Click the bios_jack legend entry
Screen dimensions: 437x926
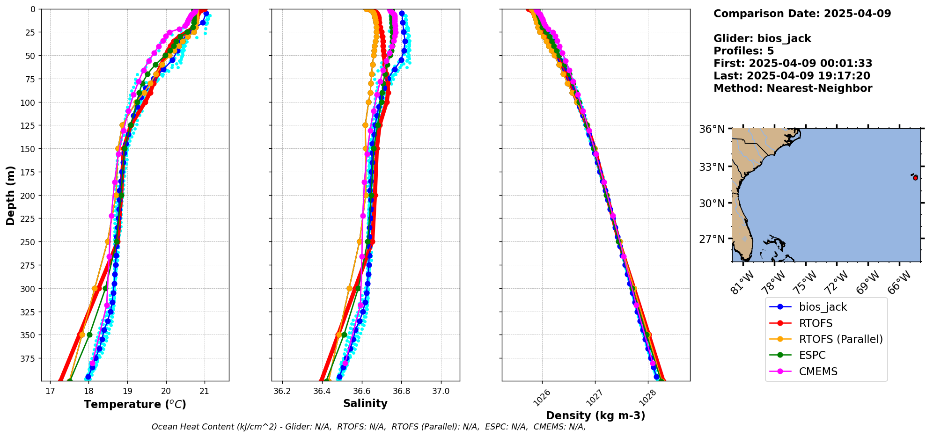point(823,307)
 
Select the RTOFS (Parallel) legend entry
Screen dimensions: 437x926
point(840,339)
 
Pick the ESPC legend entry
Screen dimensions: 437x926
point(812,355)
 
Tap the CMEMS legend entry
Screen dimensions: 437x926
point(817,371)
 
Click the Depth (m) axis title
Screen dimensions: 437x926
point(11,195)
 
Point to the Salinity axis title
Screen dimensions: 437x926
point(365,403)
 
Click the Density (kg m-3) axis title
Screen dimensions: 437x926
point(595,415)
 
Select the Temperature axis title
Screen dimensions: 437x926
point(135,404)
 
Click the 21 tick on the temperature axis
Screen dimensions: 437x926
point(204,391)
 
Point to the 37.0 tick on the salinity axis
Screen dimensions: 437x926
point(441,391)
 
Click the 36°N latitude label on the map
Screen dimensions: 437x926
point(712,129)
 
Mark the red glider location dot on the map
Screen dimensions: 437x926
point(915,178)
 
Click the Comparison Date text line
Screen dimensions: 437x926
point(802,14)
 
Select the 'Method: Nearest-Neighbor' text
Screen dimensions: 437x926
point(793,88)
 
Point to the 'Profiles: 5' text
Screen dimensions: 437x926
point(743,51)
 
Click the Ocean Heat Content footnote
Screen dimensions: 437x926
point(368,427)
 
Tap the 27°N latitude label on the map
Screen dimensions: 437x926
point(712,239)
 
